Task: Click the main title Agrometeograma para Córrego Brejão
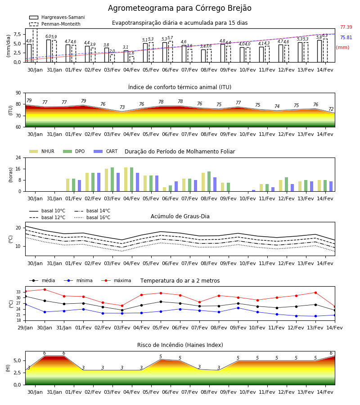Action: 180,8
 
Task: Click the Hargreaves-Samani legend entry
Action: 57,17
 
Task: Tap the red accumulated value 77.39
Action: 346,27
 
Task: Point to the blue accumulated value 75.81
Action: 346,37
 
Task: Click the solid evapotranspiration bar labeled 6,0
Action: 49,51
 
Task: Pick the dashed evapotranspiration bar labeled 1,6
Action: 132,59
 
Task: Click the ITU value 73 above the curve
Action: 122,107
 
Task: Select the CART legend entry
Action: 105,151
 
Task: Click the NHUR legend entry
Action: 41,151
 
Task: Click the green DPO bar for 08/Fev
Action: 209,181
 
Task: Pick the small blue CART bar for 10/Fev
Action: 254,191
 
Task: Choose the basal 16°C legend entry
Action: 92,217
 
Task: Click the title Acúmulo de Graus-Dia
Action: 180,216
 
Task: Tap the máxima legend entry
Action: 116,280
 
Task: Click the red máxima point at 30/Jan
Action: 45,289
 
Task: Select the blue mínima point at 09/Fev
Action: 238,308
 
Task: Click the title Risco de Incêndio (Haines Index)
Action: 180,345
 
